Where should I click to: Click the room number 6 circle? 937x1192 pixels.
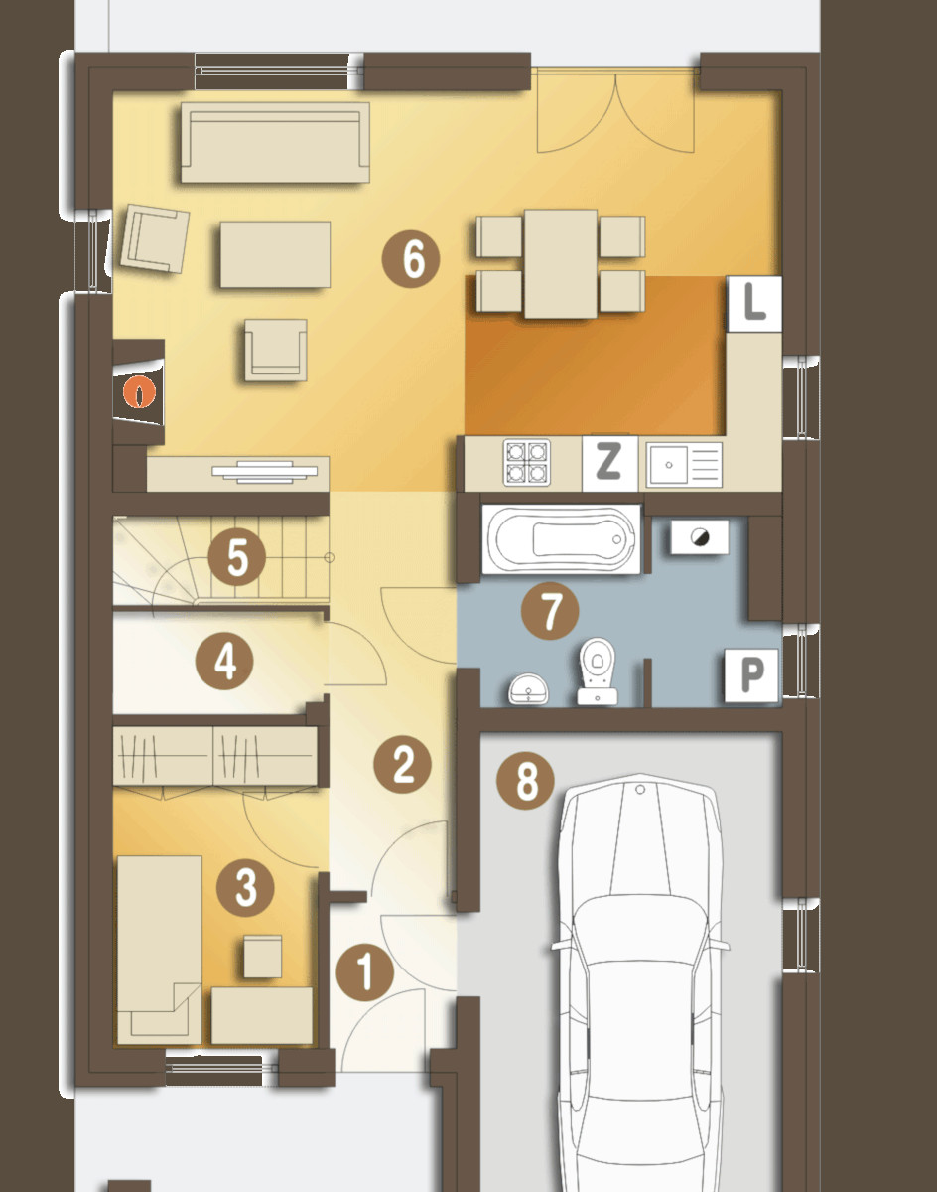(411, 259)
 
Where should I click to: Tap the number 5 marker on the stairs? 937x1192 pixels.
(237, 558)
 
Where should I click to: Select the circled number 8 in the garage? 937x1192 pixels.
(525, 781)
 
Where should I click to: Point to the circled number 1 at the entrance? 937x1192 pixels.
(364, 972)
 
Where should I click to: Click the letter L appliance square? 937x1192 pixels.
(754, 304)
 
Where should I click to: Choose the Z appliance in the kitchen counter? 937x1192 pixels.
(609, 463)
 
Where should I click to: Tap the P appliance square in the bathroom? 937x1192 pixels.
(751, 675)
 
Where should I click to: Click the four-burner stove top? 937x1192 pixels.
(526, 463)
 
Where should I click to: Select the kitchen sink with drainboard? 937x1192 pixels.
(684, 464)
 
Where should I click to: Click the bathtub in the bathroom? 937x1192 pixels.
(561, 538)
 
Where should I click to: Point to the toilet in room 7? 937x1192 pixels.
(598, 671)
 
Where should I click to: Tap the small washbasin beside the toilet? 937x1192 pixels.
(528, 688)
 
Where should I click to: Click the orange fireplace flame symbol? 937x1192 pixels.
(139, 392)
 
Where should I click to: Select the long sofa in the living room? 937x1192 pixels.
(275, 142)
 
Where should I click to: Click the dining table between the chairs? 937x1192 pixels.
(561, 263)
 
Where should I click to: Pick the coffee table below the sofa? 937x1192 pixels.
(275, 254)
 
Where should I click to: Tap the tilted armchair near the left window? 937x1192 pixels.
(155, 238)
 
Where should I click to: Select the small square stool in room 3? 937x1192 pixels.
(262, 957)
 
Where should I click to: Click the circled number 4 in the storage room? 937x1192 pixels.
(224, 662)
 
